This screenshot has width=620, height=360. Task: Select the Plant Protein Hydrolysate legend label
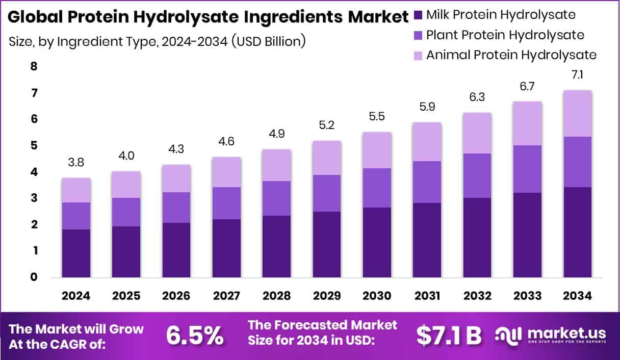click(505, 35)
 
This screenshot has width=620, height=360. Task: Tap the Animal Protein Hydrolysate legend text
click(511, 55)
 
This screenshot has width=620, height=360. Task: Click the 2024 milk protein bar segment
click(76, 253)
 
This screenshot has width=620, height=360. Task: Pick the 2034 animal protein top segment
click(577, 113)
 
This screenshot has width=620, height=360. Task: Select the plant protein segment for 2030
click(377, 188)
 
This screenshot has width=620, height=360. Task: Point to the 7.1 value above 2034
click(577, 75)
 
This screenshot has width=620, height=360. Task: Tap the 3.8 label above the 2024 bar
click(76, 164)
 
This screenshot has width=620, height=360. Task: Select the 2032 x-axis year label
click(477, 296)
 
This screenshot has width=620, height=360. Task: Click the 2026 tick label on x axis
click(176, 296)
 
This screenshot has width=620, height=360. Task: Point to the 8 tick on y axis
click(34, 66)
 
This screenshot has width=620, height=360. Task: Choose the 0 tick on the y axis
click(34, 277)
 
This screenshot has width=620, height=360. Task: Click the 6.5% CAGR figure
click(195, 335)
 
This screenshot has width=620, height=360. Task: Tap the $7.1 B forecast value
click(449, 335)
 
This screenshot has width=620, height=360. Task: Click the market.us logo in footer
click(551, 335)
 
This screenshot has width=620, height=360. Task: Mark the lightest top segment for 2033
click(527, 123)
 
